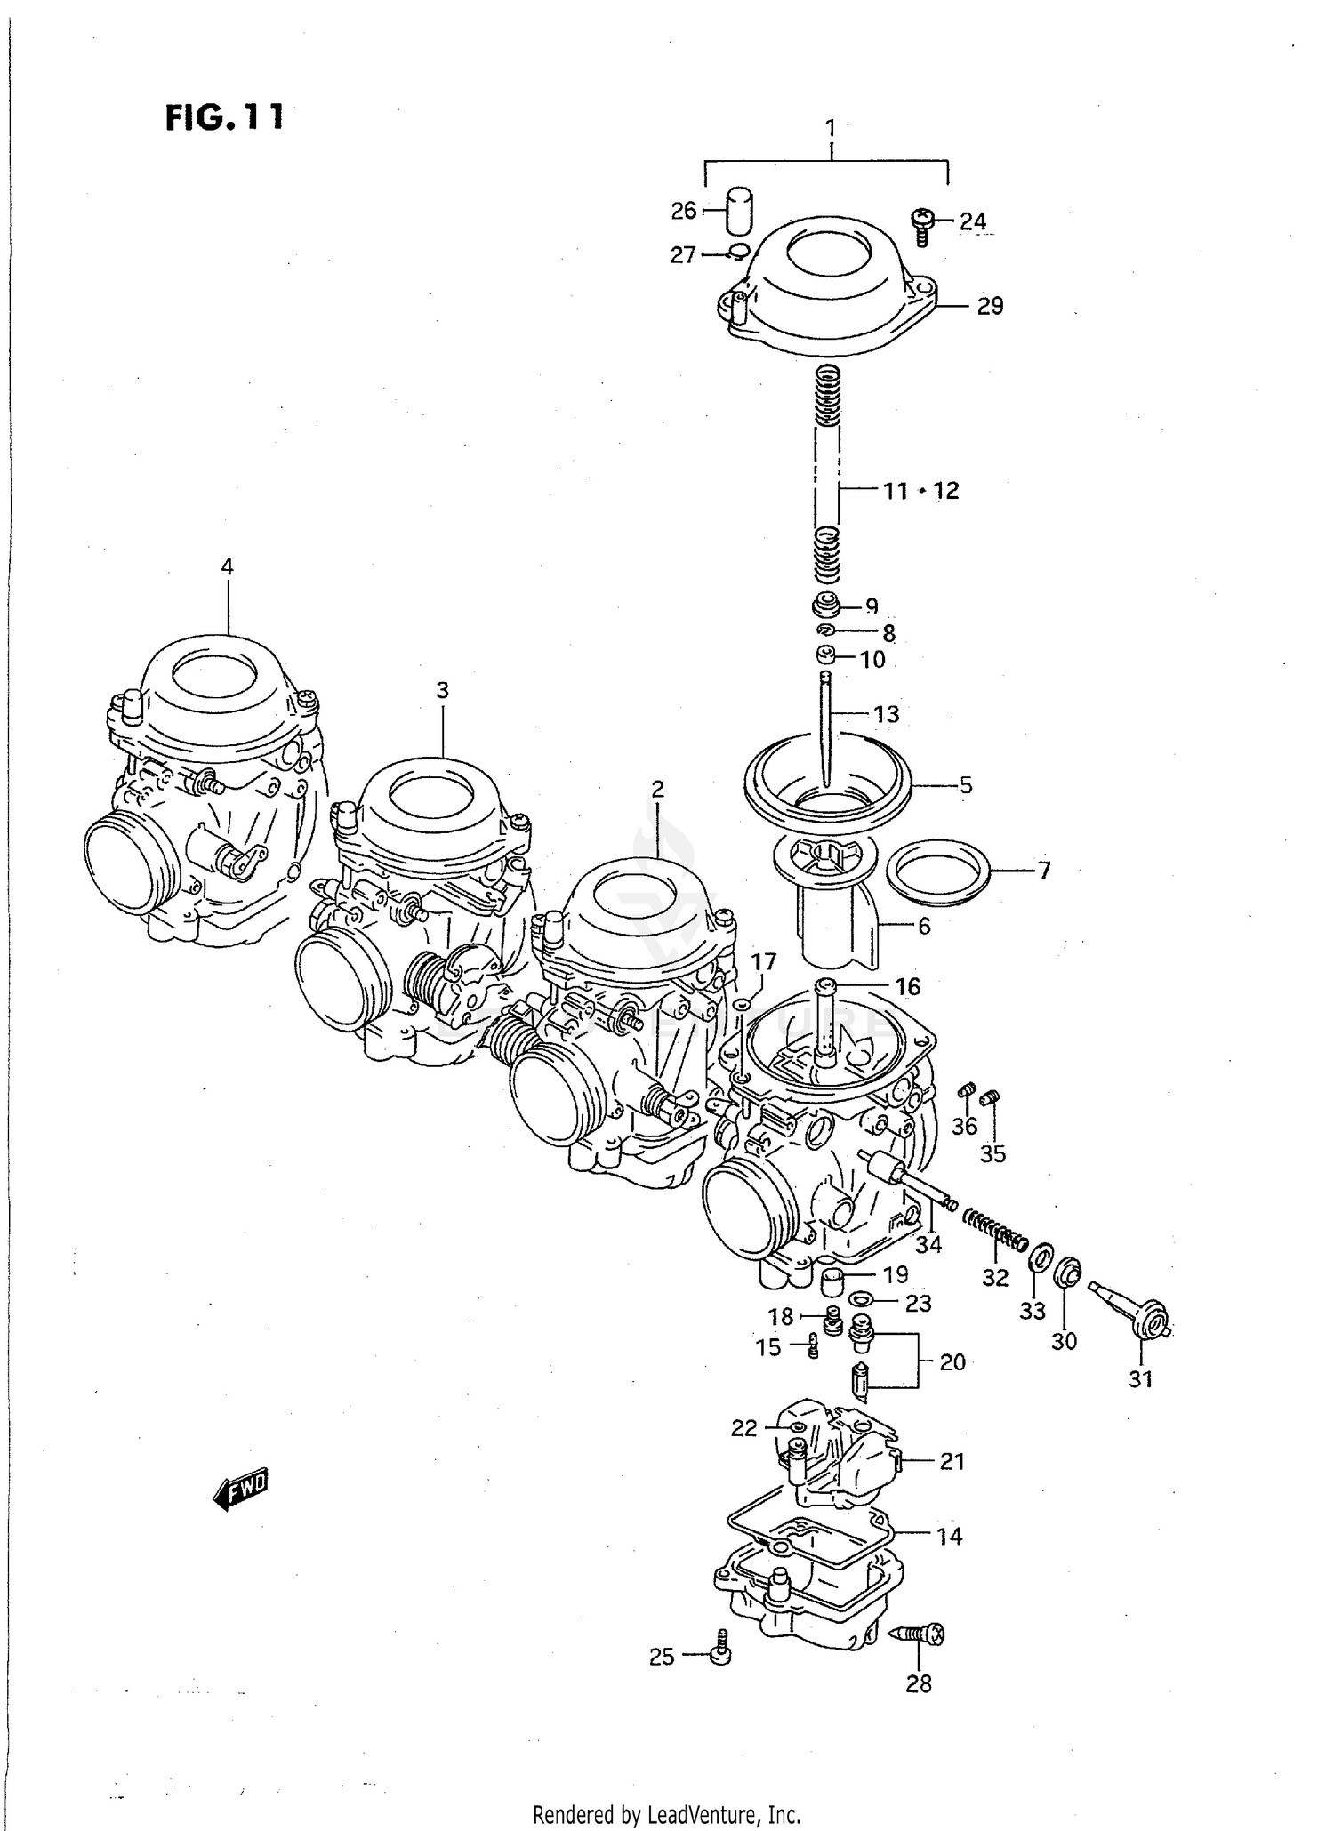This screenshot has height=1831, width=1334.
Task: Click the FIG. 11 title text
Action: pyautogui.click(x=224, y=117)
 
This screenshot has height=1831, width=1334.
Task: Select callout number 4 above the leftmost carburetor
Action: pyautogui.click(x=227, y=566)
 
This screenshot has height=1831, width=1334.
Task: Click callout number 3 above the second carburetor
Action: pyautogui.click(x=442, y=690)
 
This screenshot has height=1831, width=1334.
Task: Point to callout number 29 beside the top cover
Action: pyautogui.click(x=989, y=306)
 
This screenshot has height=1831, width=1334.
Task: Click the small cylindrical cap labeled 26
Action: pyautogui.click(x=735, y=210)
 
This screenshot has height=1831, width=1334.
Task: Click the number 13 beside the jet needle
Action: pyautogui.click(x=886, y=714)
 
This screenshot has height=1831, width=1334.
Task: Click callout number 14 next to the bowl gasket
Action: pyautogui.click(x=949, y=1537)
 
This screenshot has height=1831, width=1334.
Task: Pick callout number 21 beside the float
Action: pyautogui.click(x=952, y=1461)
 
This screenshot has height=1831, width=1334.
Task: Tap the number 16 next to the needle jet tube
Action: pyautogui.click(x=907, y=986)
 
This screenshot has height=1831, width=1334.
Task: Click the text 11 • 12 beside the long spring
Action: pyautogui.click(x=920, y=490)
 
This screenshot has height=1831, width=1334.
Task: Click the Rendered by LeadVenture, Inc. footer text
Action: pyautogui.click(x=666, y=1814)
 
